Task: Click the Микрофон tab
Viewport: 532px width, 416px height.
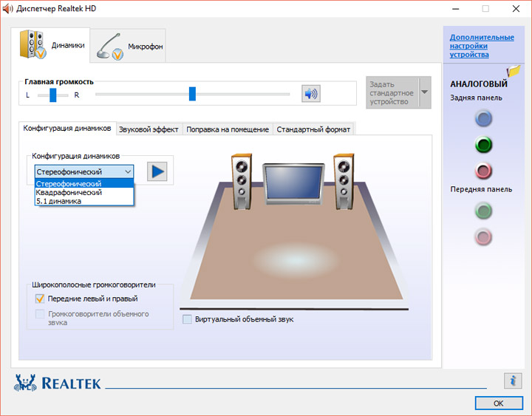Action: [x=128, y=46]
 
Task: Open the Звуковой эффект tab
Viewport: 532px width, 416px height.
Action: [x=149, y=129]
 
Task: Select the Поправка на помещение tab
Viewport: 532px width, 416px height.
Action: [x=228, y=129]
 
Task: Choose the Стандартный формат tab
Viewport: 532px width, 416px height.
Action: [x=313, y=129]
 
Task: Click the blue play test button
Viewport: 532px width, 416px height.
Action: [x=157, y=171]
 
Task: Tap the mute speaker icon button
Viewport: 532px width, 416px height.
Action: [x=311, y=94]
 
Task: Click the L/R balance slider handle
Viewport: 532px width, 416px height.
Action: [x=53, y=95]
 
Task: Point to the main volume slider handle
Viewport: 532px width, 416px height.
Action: [x=192, y=94]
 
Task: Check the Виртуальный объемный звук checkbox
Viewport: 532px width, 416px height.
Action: [x=187, y=319]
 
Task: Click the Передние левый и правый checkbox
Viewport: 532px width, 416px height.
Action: [x=40, y=299]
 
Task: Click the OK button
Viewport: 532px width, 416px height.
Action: [x=499, y=403]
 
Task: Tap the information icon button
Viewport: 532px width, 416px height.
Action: [x=513, y=381]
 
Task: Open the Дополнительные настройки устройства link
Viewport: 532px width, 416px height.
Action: [x=482, y=46]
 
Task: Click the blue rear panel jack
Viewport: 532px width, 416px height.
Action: [x=483, y=118]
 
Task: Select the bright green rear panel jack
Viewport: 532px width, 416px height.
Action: [x=483, y=145]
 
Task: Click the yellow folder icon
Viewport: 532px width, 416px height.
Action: [x=514, y=71]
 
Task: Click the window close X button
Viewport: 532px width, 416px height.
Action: [x=516, y=8]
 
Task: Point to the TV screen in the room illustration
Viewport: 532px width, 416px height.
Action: [x=294, y=183]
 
